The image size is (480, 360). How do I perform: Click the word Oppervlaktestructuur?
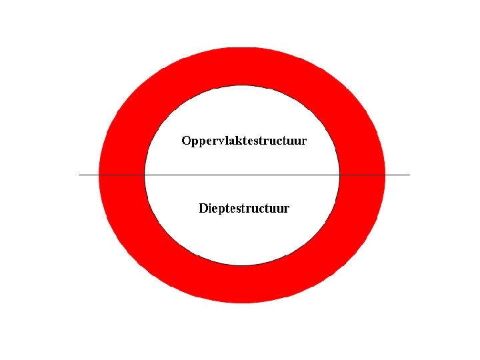(x=244, y=141)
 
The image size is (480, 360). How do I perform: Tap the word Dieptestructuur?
(x=244, y=209)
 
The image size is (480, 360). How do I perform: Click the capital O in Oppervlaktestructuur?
(x=187, y=141)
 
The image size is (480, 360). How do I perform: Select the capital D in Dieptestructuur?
(x=204, y=208)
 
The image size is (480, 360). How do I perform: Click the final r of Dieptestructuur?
(x=287, y=209)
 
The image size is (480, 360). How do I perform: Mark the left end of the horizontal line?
(x=79, y=175)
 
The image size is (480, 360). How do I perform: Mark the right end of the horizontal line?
(x=409, y=175)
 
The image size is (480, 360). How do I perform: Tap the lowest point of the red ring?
(x=242, y=303)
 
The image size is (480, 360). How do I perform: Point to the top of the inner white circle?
(x=242, y=85)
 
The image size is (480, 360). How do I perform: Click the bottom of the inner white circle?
(x=242, y=265)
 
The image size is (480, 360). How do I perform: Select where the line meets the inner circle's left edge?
(x=145, y=175)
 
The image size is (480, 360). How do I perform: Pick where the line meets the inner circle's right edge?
(x=339, y=175)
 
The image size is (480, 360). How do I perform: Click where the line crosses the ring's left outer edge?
(x=99, y=175)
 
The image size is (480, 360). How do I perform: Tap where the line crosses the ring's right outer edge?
(x=385, y=175)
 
